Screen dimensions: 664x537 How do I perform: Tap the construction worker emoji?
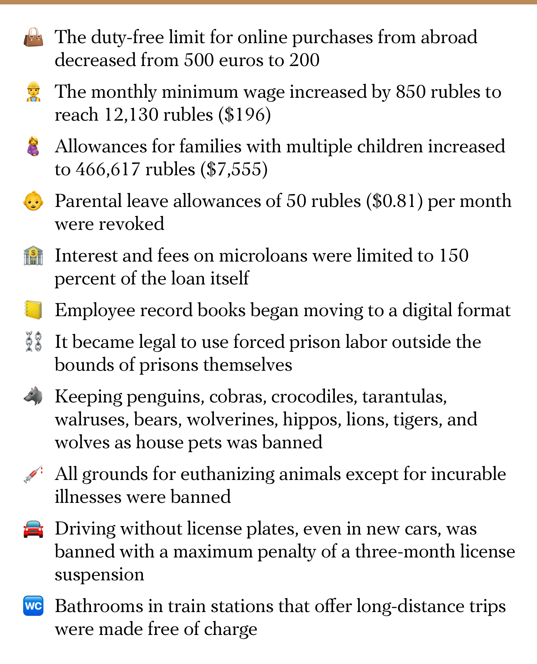coord(33,92)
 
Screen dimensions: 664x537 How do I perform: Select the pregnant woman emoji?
coord(33,146)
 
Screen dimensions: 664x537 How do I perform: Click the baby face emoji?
coord(33,201)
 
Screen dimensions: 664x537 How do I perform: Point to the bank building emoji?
coord(33,256)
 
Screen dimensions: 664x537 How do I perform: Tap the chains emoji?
coord(33,342)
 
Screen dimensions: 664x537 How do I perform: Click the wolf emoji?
coord(33,396)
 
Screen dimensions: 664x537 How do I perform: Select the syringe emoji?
coord(33,474)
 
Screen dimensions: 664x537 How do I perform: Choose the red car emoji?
coord(33,529)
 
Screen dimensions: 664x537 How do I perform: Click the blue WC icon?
coord(33,606)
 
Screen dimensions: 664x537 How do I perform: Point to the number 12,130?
coord(131,115)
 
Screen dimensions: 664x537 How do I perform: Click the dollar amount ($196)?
coord(245,115)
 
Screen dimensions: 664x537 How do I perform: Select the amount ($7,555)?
coord(234,169)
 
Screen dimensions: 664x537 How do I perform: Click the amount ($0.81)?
coord(394,201)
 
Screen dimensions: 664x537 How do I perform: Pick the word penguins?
coord(166,397)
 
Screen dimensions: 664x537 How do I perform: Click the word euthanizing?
coord(227,474)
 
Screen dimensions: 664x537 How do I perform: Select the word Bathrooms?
coord(99,606)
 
